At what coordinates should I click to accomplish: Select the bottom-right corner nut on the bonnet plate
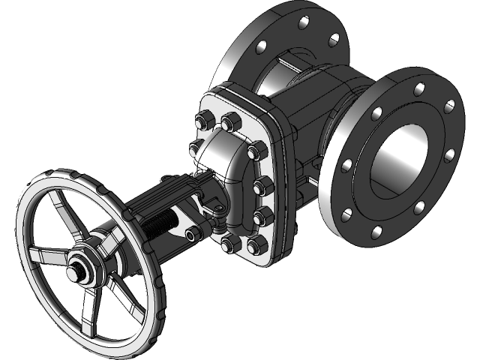click(x=256, y=244)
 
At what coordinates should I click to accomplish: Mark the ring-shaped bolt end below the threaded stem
click(x=192, y=235)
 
